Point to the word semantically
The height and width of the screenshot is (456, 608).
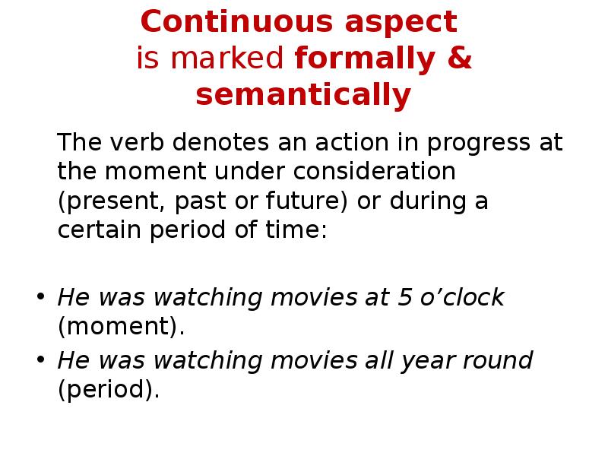click(x=303, y=96)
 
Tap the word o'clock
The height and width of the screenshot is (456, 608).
click(x=464, y=297)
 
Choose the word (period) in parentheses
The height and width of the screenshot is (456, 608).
click(x=109, y=389)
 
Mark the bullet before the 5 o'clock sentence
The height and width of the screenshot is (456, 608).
click(x=41, y=298)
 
